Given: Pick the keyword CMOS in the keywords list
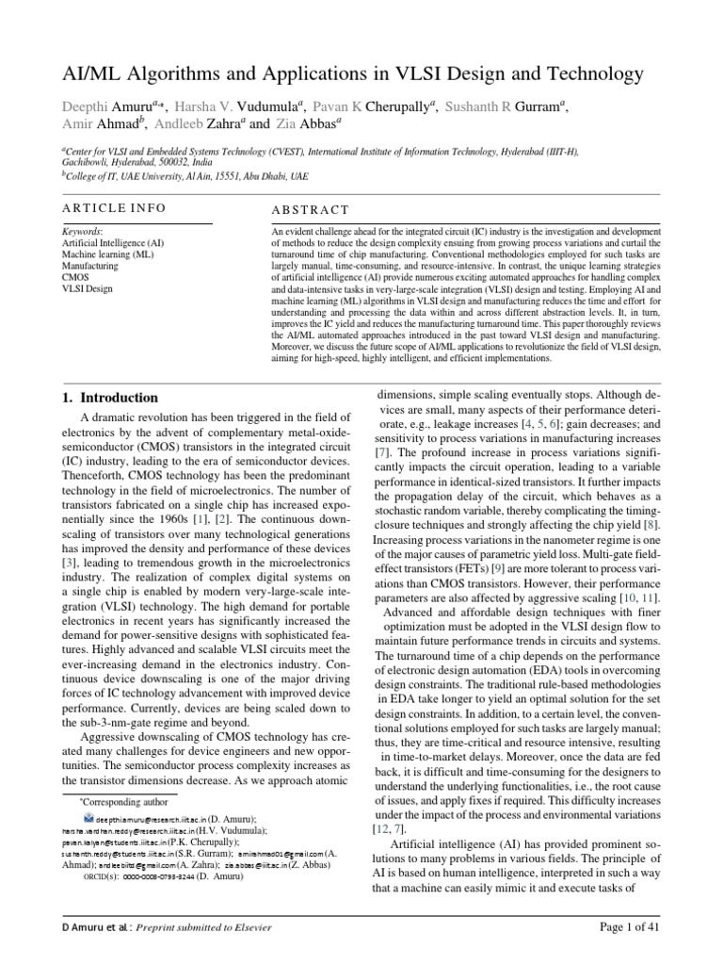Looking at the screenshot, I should (75, 278).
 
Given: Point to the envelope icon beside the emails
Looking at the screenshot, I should (88, 819).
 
